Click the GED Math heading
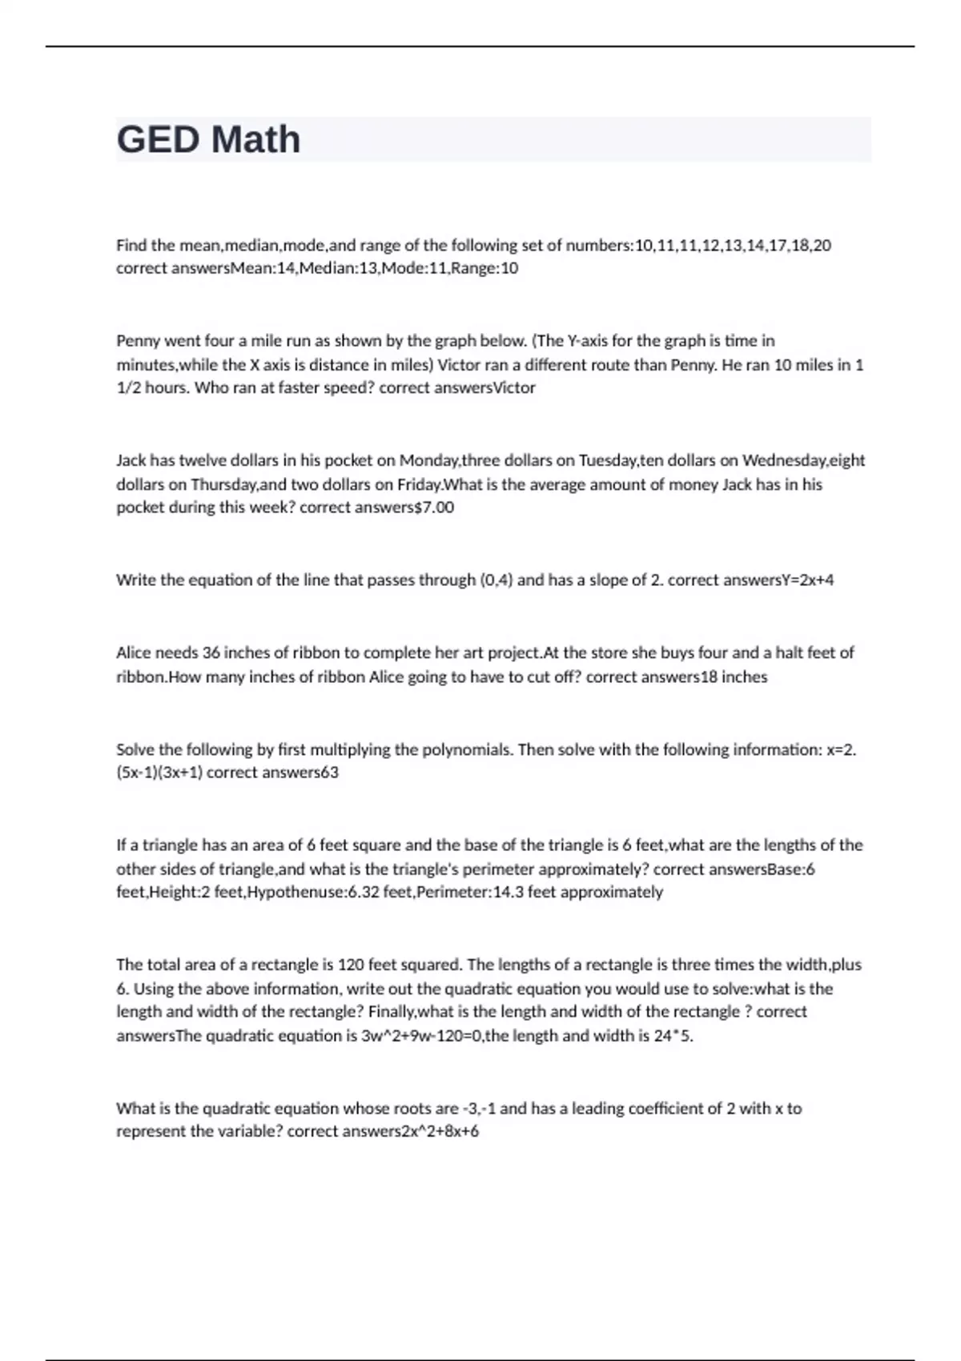[208, 139]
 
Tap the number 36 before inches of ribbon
[211, 652]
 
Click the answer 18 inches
[734, 677]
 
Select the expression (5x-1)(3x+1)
[159, 773]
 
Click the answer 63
[329, 773]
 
